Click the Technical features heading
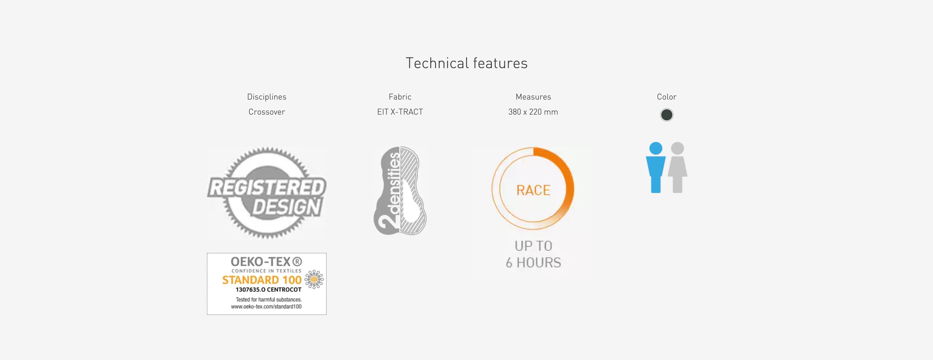[466, 63]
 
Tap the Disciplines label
[267, 97]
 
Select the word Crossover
[267, 112]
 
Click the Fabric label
[400, 97]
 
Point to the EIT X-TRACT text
[400, 112]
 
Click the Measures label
[533, 97]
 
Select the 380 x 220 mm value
[533, 112]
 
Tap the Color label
[666, 97]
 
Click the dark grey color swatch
[666, 115]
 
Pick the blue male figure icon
[656, 167]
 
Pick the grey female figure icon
[677, 167]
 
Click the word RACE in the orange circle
[533, 190]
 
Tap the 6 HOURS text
[533, 262]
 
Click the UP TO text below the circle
[533, 246]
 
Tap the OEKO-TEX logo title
[266, 262]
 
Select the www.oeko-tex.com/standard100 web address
[266, 307]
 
